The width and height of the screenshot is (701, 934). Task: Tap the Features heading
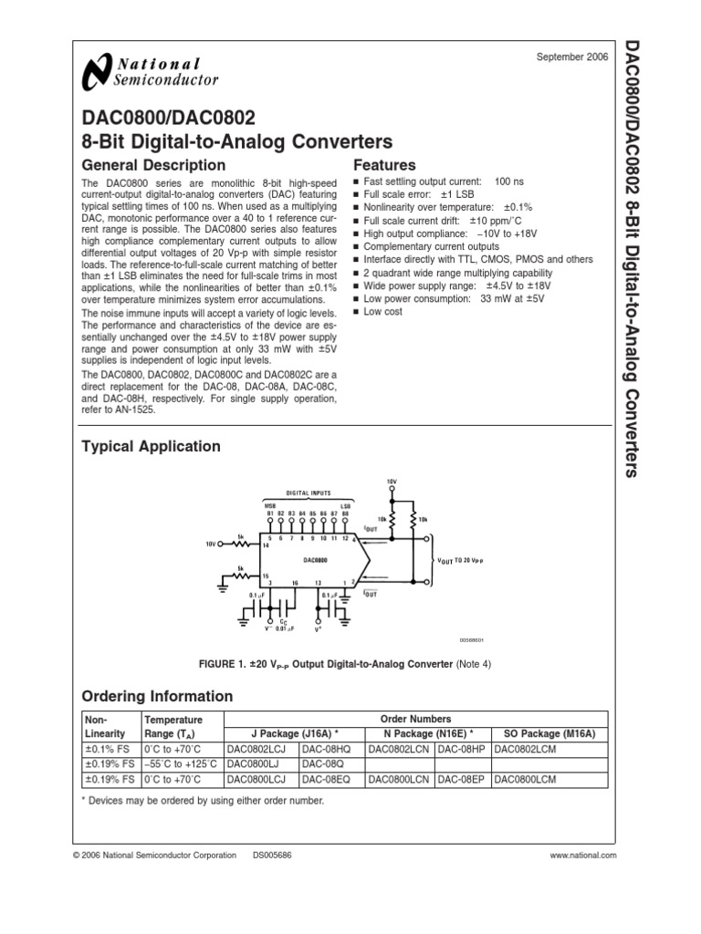[x=384, y=165]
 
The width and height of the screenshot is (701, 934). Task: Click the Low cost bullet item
[x=382, y=311]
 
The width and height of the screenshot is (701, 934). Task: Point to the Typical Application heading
[x=151, y=446]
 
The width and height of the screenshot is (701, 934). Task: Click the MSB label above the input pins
[x=269, y=504]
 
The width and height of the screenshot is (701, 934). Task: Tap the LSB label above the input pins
[x=345, y=504]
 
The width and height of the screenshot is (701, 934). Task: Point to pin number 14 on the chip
[x=266, y=545]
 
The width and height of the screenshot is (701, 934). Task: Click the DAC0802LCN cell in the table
[x=400, y=749]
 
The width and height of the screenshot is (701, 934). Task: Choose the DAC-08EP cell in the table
[x=462, y=780]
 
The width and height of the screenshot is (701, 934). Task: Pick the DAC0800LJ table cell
[x=253, y=764]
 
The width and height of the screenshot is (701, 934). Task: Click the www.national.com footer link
[x=583, y=856]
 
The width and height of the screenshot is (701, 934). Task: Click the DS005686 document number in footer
[x=272, y=856]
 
